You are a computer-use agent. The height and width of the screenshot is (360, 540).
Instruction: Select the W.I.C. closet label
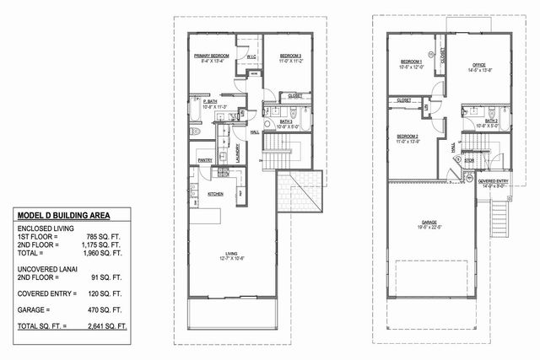(251, 57)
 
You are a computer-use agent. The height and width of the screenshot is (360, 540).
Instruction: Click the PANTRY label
(205, 158)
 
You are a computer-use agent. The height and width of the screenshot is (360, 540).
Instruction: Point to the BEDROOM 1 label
(410, 62)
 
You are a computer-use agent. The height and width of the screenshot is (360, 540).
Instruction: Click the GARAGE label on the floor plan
(433, 222)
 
